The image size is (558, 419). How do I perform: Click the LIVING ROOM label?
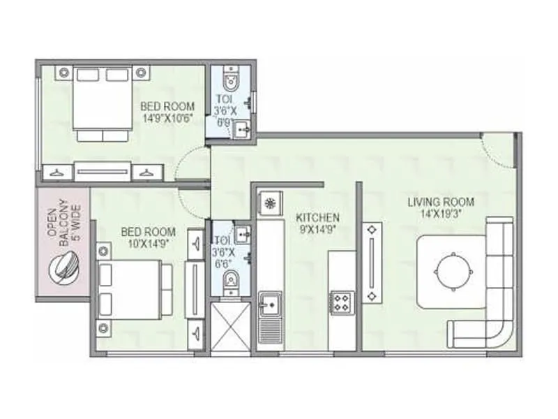coord(441,208)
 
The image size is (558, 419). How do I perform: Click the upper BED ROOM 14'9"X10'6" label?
coord(167,112)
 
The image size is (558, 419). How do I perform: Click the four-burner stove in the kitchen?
coord(341,302)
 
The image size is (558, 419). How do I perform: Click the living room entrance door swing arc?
coord(498,150)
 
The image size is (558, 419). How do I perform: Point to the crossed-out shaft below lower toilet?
coord(231,327)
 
